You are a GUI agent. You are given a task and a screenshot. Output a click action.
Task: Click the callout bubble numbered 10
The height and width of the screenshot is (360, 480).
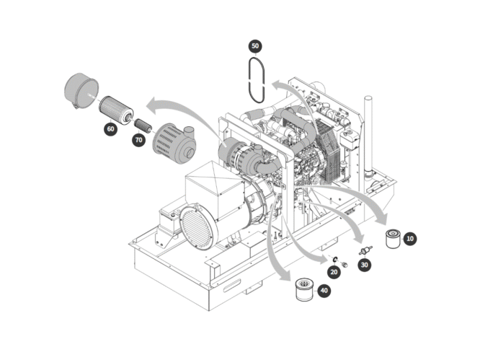(x=410, y=238)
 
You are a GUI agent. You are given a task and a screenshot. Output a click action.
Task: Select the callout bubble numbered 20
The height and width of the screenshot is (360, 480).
(x=334, y=271)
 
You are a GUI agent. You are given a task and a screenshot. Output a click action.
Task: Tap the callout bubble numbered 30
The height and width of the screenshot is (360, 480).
(x=365, y=265)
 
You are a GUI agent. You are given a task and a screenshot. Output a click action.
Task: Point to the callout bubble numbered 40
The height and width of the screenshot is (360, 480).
(x=324, y=290)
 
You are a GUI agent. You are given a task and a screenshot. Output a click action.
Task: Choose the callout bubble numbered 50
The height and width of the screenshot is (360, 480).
(x=255, y=45)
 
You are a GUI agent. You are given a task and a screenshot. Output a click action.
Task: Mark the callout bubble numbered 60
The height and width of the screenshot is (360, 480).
(x=110, y=128)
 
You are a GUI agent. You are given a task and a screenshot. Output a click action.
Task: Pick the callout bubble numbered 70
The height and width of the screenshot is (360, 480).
(x=138, y=140)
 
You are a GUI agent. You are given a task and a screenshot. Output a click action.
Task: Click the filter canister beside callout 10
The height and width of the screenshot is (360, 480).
(x=393, y=238)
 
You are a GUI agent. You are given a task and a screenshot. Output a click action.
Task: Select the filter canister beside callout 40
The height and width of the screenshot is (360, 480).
(x=306, y=291)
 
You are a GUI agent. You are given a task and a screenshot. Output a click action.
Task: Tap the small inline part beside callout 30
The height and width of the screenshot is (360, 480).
(x=365, y=250)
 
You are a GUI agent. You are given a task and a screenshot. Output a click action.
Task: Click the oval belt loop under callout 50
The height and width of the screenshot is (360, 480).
(x=255, y=78)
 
